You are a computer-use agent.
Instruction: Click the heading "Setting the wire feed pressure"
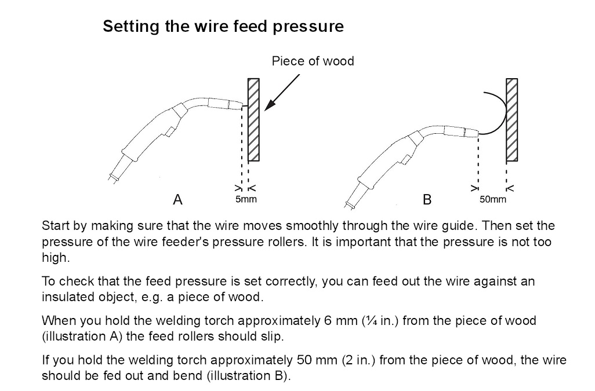click(x=223, y=27)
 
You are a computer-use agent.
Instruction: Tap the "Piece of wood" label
click(x=313, y=61)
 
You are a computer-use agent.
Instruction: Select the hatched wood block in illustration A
click(x=253, y=119)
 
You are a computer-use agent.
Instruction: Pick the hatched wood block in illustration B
click(x=511, y=119)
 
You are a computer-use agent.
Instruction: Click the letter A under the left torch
click(x=177, y=200)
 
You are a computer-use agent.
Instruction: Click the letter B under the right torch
click(x=427, y=200)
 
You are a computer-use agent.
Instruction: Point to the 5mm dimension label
click(x=245, y=199)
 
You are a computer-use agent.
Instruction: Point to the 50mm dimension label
click(x=493, y=199)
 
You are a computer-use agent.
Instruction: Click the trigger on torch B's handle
click(x=414, y=152)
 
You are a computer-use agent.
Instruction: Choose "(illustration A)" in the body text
click(x=84, y=335)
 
